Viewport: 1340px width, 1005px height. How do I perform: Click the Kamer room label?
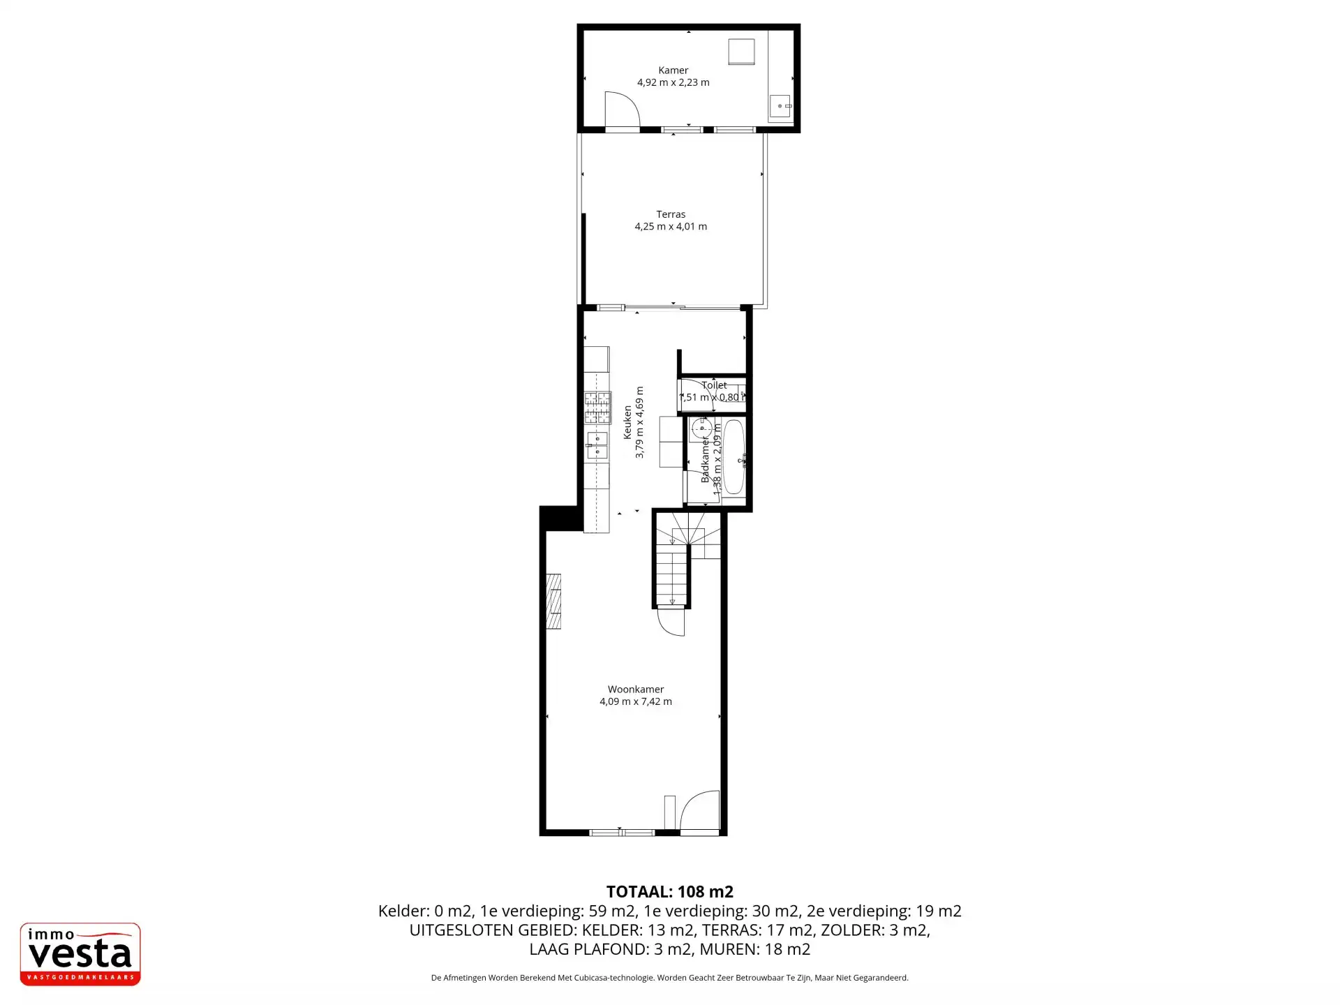coord(673,70)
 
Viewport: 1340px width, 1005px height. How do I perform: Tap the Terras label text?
coord(670,214)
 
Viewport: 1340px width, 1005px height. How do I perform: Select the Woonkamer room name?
coord(635,690)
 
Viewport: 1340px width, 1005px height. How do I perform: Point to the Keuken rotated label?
coord(627,422)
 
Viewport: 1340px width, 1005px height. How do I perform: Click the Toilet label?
coord(714,385)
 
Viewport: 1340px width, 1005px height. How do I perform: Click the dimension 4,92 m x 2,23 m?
coord(673,82)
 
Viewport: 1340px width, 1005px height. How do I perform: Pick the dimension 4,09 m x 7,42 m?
coord(635,701)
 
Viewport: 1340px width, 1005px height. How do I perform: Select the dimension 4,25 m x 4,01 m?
coord(670,226)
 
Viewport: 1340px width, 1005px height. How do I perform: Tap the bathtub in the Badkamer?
coord(734,456)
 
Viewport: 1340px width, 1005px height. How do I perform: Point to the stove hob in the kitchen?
coord(597,408)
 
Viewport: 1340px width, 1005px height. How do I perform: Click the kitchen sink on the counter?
coord(597,445)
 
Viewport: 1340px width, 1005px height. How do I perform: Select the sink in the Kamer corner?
coord(780,106)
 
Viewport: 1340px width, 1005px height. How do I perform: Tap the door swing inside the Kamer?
coord(621,110)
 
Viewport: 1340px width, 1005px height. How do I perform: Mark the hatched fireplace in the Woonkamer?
coord(553,601)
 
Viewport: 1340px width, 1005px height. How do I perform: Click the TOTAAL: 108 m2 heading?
coord(669,891)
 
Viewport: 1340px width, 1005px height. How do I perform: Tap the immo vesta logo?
coord(80,953)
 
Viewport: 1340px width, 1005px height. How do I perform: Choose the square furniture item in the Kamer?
coord(741,52)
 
